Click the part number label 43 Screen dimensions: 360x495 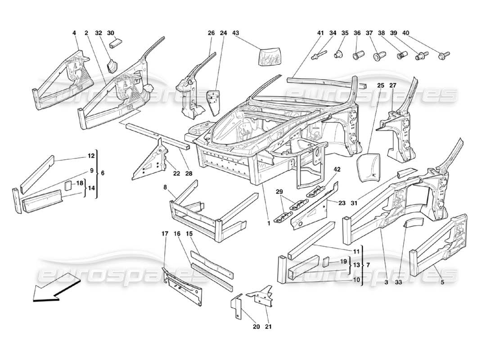point(235,33)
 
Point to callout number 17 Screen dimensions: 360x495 point(165,234)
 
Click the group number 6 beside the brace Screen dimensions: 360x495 point(103,173)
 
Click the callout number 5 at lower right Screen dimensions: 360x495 point(442,282)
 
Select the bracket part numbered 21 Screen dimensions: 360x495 point(263,295)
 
